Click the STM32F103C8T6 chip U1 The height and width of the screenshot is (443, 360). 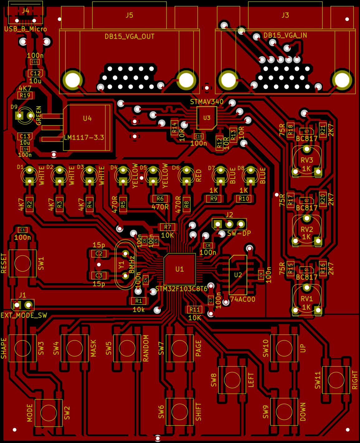[x=180, y=269]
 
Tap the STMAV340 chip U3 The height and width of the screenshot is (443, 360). [x=207, y=118]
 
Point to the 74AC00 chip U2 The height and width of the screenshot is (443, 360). [x=238, y=275]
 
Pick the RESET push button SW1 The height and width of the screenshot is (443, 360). [x=22, y=263]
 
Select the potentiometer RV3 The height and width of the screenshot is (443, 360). [x=307, y=160]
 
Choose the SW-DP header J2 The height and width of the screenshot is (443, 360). [x=229, y=224]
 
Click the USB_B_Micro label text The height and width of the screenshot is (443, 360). [x=26, y=29]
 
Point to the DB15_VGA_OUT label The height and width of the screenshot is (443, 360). [x=129, y=36]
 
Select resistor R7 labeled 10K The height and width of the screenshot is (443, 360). [x=168, y=227]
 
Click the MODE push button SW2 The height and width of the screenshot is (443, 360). [x=49, y=413]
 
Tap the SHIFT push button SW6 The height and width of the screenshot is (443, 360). [x=180, y=412]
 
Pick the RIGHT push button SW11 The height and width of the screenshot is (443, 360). [x=336, y=380]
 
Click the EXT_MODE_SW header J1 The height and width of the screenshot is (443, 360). [x=22, y=305]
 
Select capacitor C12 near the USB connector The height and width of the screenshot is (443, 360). [x=35, y=74]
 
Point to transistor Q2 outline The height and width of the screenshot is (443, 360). [x=307, y=200]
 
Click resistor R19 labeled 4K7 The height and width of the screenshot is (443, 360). [x=25, y=95]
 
